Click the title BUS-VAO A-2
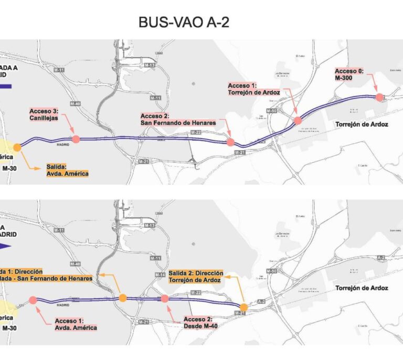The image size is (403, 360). (184, 22)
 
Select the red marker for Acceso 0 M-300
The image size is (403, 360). (379, 97)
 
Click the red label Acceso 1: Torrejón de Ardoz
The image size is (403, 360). (254, 89)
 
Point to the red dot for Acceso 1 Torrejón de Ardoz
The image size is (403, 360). (298, 120)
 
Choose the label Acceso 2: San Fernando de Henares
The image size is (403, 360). (178, 119)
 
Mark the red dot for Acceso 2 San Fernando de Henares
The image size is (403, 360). (230, 142)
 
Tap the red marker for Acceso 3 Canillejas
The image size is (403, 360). (76, 139)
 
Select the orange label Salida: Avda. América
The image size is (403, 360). (68, 170)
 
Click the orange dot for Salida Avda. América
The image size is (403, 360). (17, 147)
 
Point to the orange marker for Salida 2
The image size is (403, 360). (243, 307)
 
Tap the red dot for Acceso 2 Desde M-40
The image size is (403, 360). (164, 298)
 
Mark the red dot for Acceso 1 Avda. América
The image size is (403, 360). (33, 300)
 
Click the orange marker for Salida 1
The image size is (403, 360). (123, 298)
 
